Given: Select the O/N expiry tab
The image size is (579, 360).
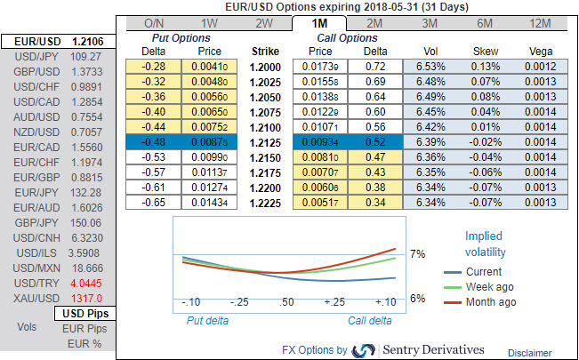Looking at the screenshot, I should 153,21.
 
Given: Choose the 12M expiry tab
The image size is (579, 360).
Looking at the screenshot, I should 539,21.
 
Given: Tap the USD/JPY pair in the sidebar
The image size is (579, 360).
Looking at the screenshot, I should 28,57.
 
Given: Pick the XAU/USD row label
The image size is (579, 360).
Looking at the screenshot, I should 28,298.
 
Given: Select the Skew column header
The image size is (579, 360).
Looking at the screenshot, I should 485,52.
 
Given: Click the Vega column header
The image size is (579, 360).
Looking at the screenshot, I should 539,52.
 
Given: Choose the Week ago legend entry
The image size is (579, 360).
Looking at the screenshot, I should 491,286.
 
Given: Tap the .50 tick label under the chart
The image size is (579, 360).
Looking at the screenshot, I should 287,303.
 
